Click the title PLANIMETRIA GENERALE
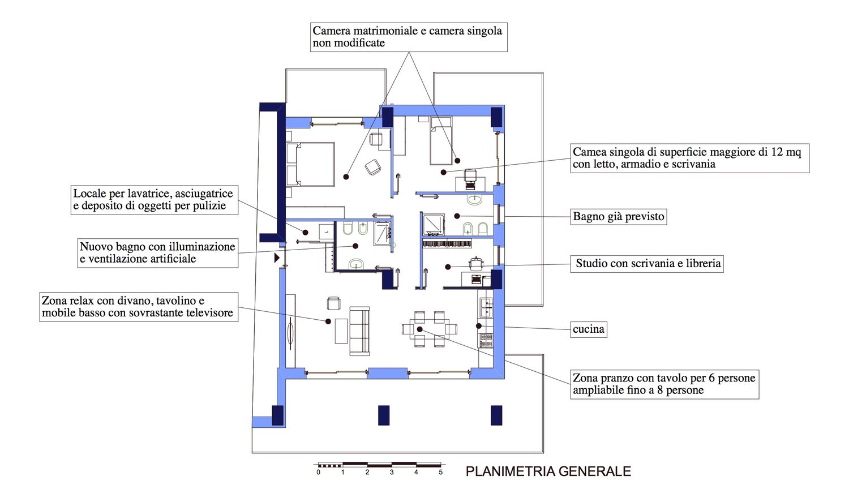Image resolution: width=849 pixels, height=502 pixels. pyautogui.click(x=548, y=471)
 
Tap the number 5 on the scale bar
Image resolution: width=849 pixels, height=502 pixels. pyautogui.click(x=440, y=473)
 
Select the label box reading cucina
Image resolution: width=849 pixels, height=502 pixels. pyautogui.click(x=589, y=329)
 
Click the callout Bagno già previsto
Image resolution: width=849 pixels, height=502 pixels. pyautogui.click(x=619, y=217)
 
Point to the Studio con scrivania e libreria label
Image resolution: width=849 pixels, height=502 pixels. pyautogui.click(x=647, y=263)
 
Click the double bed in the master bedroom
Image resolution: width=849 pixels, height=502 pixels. pyautogui.click(x=310, y=164)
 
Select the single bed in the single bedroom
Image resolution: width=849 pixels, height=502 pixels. pyautogui.click(x=441, y=140)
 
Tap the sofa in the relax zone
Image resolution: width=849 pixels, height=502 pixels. pyautogui.click(x=359, y=331)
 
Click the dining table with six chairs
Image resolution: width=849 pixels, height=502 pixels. pyautogui.click(x=430, y=329)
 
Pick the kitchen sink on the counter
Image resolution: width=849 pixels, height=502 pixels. pyautogui.click(x=486, y=307)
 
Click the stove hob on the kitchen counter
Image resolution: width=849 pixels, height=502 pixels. pyautogui.click(x=486, y=340)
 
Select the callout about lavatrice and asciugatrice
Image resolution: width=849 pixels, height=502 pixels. pyautogui.click(x=155, y=200)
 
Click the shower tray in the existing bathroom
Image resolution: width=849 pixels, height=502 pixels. pyautogui.click(x=434, y=224)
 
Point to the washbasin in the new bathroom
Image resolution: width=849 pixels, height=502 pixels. pyautogui.click(x=356, y=264)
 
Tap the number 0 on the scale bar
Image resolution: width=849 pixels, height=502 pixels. pyautogui.click(x=318, y=473)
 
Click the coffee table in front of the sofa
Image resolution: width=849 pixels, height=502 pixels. pyautogui.click(x=341, y=331)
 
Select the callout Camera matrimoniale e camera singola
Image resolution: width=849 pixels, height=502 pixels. pyautogui.click(x=409, y=37)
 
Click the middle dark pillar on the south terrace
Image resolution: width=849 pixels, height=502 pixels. pyautogui.click(x=384, y=415)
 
